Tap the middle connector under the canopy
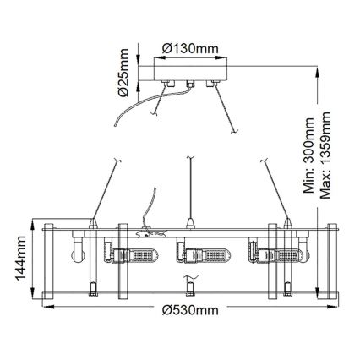point(189,85)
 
